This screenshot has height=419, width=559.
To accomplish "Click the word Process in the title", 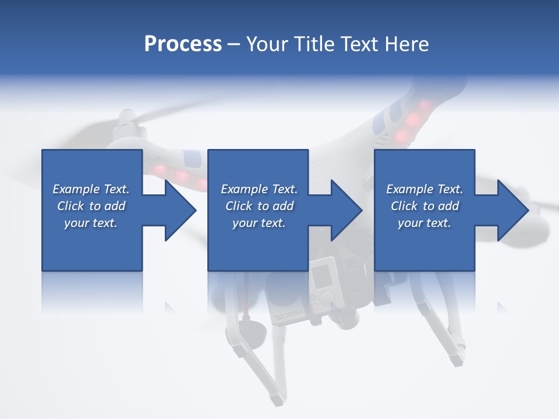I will [183, 44].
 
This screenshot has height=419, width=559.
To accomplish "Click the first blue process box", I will [92, 244].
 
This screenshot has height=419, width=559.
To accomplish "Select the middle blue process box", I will [258, 244].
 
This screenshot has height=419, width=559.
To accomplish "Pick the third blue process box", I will [424, 244].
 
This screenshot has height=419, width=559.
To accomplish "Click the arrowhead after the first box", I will [180, 210].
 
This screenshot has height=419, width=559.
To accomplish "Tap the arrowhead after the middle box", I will [346, 210].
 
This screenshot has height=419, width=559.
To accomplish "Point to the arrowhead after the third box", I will [512, 210].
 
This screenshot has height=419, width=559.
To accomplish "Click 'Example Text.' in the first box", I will [91, 189].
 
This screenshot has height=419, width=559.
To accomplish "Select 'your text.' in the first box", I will [91, 223].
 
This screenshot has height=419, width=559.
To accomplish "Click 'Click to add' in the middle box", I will [259, 206].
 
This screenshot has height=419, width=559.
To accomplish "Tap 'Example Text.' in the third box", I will [424, 189].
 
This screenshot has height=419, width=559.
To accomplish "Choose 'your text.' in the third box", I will [424, 223].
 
